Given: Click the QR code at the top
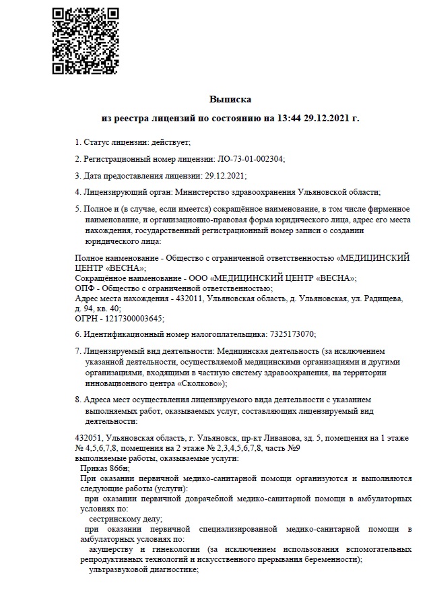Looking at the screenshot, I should tap(81, 40).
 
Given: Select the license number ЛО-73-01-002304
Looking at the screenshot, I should tap(251, 159).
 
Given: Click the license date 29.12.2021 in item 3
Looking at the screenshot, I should tap(225, 176).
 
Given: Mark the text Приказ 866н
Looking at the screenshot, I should tap(104, 468).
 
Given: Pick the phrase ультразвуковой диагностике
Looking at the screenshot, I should tap(143, 569).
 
